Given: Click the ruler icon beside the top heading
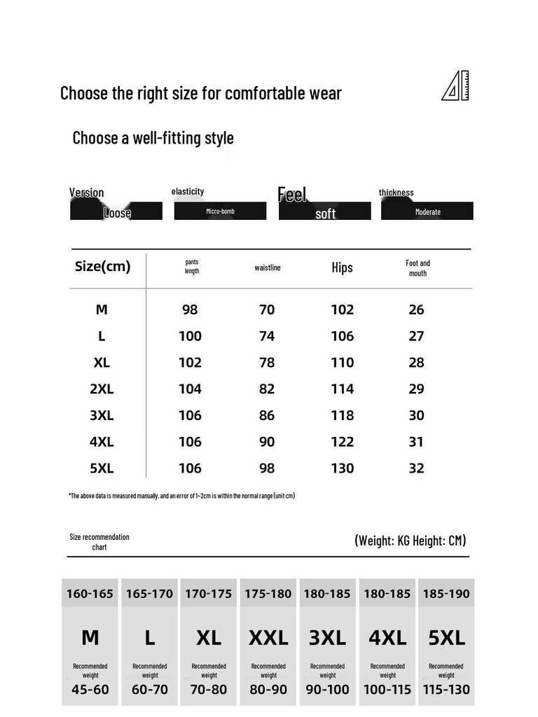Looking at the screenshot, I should pos(455,86).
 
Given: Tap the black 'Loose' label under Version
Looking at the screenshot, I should pos(116,211).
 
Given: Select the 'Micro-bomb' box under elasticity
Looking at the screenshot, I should pos(220,211).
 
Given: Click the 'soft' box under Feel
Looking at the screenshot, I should pos(325,212).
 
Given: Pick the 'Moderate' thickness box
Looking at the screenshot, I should pos(427,211).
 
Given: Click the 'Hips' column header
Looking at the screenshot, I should pos(342,267).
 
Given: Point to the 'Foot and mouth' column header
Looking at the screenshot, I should pos(418,268).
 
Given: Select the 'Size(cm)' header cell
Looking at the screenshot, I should pos(102,267).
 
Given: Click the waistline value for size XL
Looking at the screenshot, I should pos(267,363).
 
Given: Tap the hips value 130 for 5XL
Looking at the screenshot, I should pos(342,468).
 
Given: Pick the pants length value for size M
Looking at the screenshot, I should pos(190,309).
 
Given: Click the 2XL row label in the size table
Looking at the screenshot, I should pos(102,389).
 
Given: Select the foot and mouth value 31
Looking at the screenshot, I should pos(416,442).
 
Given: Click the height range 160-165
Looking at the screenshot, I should pos(90,594).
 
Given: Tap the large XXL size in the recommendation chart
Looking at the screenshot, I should pos(268,638).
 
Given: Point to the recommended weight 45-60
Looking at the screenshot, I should pos(90,689).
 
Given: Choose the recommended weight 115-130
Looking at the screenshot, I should pos(446,689).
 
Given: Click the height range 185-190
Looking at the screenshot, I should pos(446,594).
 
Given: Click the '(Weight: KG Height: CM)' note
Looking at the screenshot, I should pos(410,541).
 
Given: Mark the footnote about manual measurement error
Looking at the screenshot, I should pos(181,496).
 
